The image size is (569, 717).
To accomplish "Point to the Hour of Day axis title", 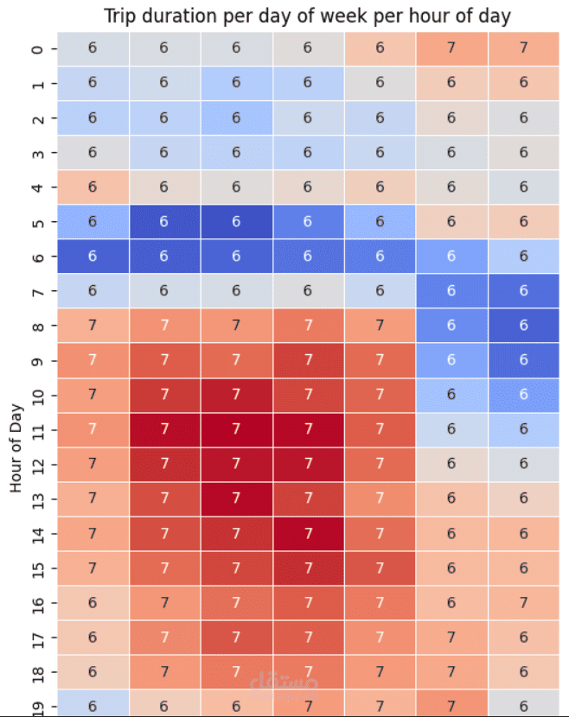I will (16, 446).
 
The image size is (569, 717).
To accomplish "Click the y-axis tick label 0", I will (37, 49).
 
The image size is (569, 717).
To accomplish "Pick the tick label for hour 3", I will (37, 153).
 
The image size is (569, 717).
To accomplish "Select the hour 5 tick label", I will (37, 222).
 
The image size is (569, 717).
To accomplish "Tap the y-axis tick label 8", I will (37, 326).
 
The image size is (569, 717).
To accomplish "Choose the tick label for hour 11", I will (37, 429).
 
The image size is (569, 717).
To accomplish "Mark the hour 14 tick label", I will (37, 533).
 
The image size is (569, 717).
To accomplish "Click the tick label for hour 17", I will (37, 637).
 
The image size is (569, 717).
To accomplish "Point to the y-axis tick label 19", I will (37, 704).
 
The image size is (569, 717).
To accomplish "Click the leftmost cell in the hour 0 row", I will (93, 49).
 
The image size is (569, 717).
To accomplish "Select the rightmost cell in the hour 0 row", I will (523, 49).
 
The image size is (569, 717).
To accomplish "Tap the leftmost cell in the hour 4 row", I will (93, 187).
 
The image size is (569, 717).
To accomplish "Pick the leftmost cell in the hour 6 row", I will (93, 257).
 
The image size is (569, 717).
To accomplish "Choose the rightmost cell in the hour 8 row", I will (523, 326).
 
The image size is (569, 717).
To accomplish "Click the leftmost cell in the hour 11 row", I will (93, 429).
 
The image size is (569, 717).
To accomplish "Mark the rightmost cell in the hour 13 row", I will (523, 498).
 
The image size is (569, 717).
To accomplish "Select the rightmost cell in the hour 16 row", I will (523, 602).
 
